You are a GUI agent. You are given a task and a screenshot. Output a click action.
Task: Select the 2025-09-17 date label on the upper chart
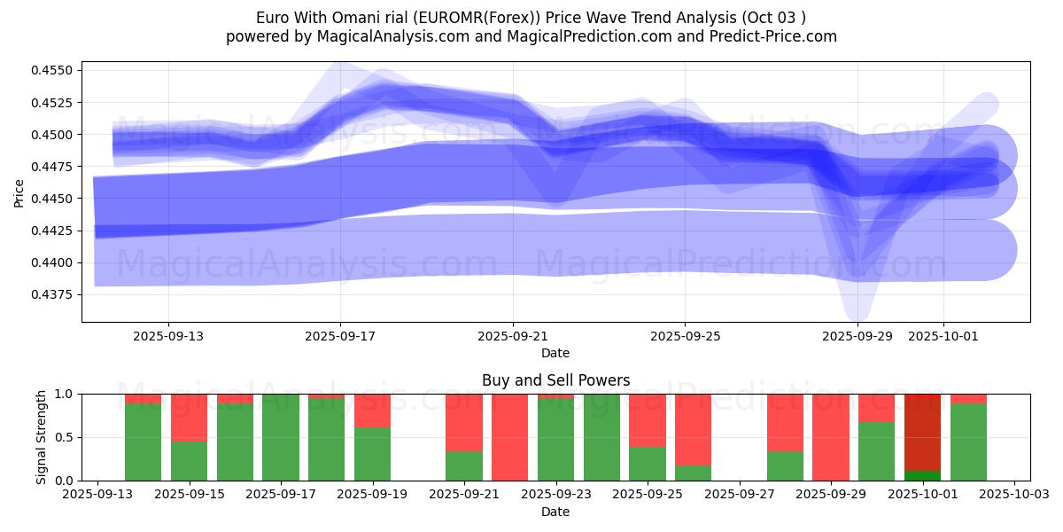(x=341, y=337)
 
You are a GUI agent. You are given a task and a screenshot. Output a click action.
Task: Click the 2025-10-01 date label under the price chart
(x=943, y=337)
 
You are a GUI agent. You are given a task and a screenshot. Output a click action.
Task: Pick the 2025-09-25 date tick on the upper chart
(x=685, y=337)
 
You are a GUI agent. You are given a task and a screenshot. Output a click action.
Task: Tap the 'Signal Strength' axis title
(x=41, y=437)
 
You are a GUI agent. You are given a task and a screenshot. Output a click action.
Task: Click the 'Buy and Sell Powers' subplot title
(x=555, y=380)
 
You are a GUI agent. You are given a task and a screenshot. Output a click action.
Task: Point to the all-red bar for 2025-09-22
(x=510, y=437)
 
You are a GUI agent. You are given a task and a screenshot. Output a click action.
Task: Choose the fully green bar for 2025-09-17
(x=281, y=437)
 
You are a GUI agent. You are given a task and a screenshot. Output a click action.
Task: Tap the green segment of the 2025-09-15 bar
(x=189, y=461)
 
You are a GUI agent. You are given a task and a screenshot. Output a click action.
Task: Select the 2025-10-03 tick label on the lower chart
(x=1013, y=495)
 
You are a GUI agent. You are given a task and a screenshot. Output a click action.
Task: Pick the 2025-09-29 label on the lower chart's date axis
(x=831, y=495)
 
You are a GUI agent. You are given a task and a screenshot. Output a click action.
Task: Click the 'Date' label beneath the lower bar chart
(x=555, y=512)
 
